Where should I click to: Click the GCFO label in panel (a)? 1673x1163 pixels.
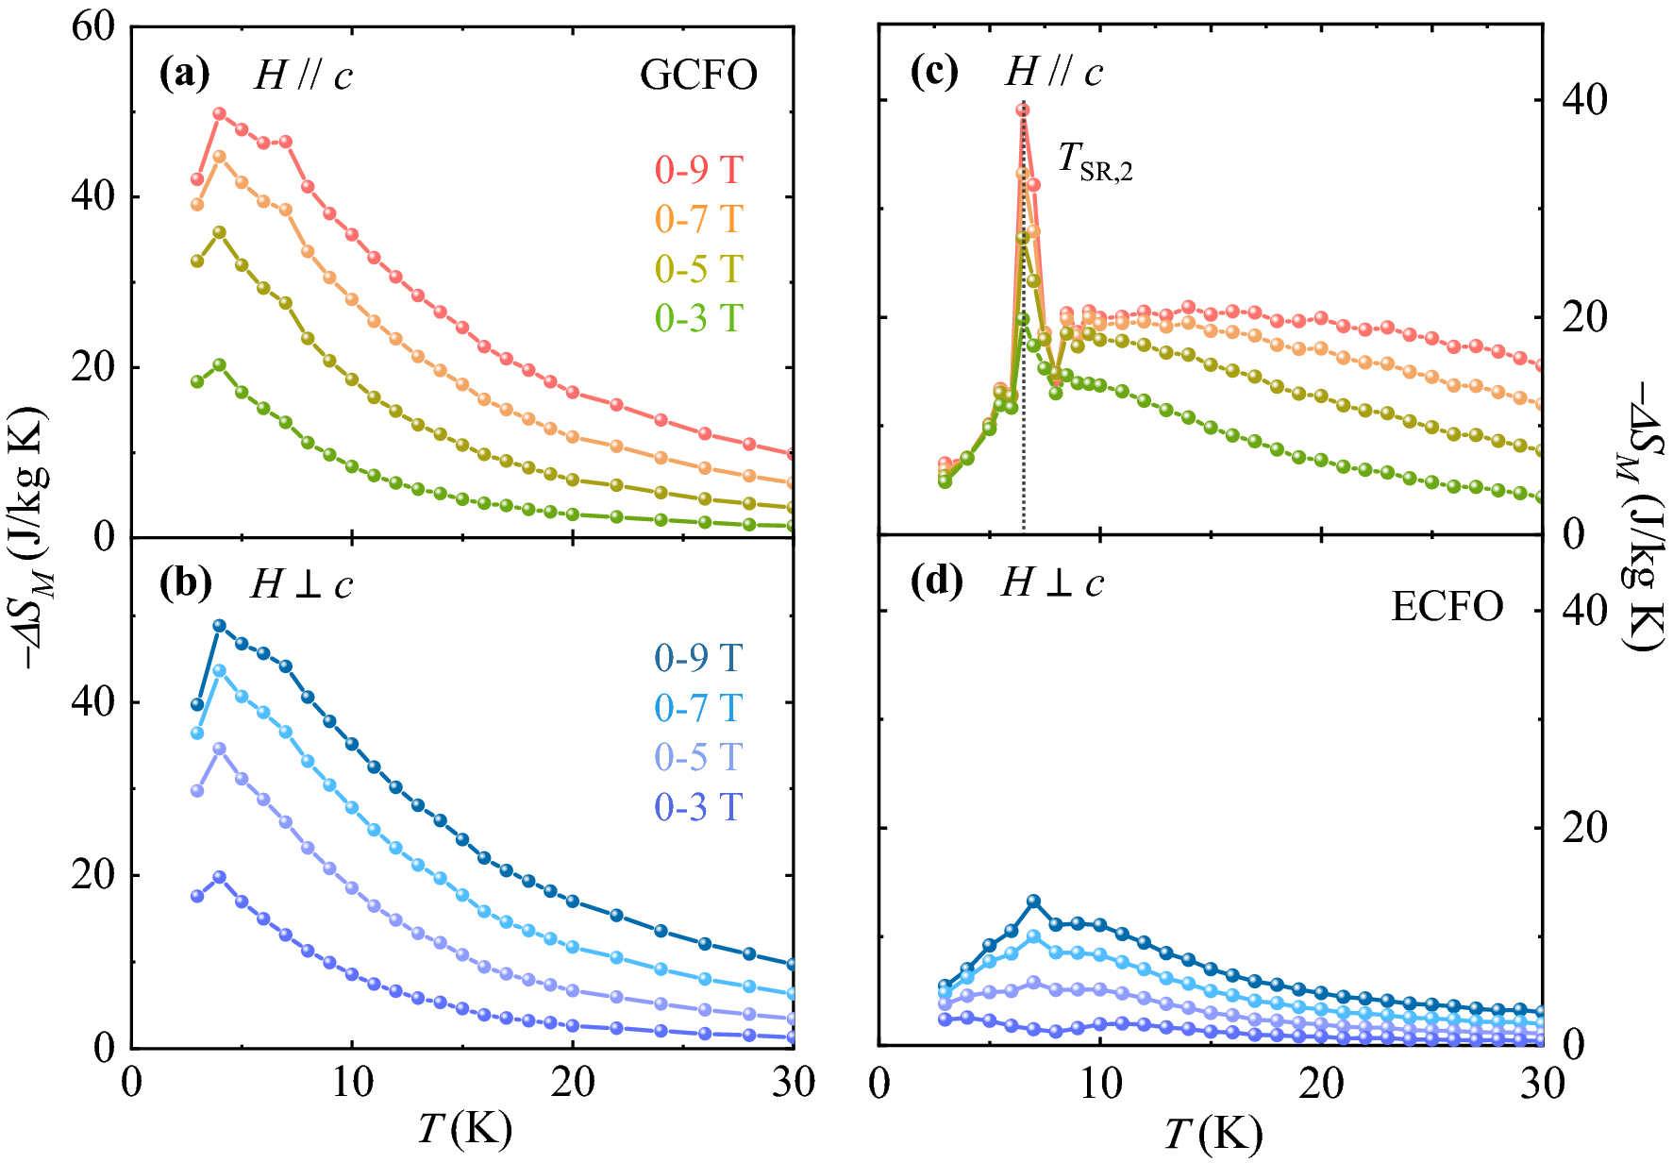698,76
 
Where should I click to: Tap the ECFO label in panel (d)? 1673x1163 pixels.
1447,607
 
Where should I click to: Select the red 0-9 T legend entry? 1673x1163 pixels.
699,170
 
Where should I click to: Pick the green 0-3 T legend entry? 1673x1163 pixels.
699,318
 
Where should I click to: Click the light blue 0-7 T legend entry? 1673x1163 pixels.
699,707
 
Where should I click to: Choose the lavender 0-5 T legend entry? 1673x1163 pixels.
699,757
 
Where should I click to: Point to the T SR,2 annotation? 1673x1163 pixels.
1095,160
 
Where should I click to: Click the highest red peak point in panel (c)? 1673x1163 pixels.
1023,110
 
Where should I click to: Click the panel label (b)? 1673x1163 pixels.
185,584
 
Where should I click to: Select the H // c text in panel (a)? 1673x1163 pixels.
303,76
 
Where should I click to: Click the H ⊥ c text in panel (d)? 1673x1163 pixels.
1052,583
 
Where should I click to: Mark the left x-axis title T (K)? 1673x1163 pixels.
464,1128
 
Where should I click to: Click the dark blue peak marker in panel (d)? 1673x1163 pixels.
1034,902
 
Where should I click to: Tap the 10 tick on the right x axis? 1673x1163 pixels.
1100,1084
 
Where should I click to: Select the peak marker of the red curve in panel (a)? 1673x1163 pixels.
220,113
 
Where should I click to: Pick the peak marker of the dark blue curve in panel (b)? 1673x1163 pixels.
220,625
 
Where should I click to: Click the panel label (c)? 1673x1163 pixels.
934,72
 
